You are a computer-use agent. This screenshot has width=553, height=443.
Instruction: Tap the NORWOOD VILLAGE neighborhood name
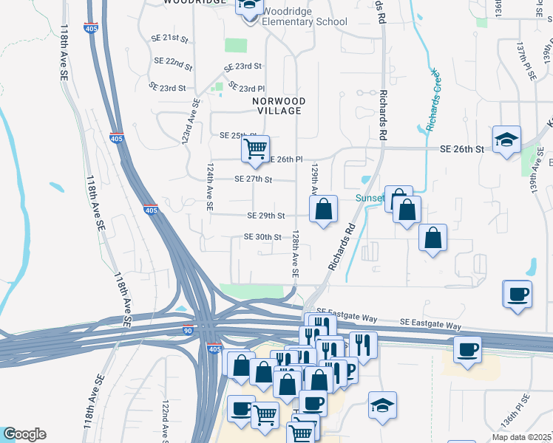[x=278, y=105]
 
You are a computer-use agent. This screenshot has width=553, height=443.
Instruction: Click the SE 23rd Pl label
[x=246, y=87]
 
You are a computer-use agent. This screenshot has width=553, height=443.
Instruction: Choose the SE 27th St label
[x=254, y=179]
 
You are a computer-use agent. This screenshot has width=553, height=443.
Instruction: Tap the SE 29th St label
[x=266, y=216]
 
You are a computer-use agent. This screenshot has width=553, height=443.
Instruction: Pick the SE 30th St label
[x=262, y=237]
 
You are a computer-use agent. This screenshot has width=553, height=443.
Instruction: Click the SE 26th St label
[x=461, y=149]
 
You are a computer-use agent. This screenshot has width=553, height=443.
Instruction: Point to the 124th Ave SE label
[x=211, y=188]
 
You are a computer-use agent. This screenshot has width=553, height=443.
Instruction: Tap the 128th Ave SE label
[x=295, y=253]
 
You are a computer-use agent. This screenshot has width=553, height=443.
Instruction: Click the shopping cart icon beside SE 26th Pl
[x=255, y=148]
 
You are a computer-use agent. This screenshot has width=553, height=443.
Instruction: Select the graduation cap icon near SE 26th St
[x=506, y=140]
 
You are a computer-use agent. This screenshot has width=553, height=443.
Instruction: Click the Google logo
[x=24, y=434]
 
